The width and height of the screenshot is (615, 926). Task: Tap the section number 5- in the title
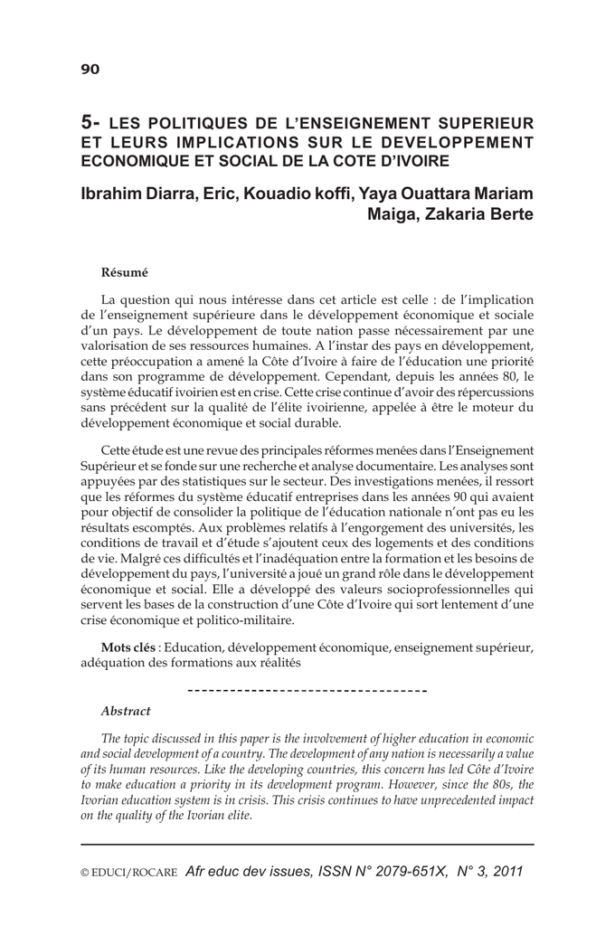point(92,121)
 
